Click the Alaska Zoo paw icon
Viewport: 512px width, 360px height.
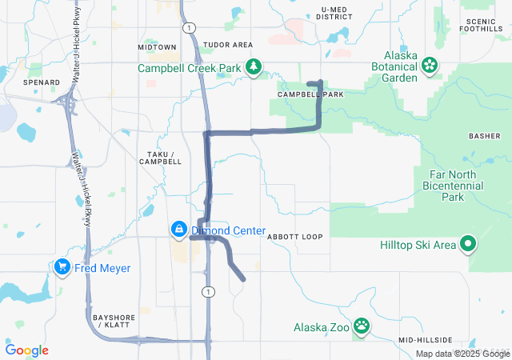coord(362,325)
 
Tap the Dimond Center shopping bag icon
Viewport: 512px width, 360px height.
coord(178,230)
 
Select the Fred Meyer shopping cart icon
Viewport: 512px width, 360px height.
coord(62,268)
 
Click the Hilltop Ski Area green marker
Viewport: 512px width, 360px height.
coord(467,244)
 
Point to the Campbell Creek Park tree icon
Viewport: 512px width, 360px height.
coord(254,68)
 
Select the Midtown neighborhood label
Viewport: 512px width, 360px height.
coord(157,47)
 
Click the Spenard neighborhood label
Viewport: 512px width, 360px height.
coord(42,82)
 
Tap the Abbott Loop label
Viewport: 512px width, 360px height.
coord(294,238)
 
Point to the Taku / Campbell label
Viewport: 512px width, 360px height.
coord(160,157)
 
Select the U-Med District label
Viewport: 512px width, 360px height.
coord(334,13)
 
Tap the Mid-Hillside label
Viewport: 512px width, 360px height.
coord(426,339)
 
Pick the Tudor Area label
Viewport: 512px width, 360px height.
coord(228,45)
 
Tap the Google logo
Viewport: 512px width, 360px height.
coord(27,350)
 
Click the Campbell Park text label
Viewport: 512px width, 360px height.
coord(310,94)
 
